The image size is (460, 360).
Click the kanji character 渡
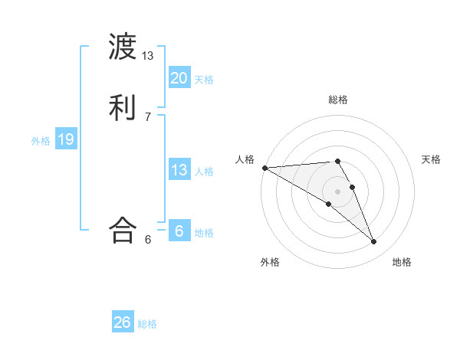[123, 48]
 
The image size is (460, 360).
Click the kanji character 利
[123, 107]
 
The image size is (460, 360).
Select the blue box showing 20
[179, 77]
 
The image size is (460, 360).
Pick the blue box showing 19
[65, 139]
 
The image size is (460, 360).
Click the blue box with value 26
[123, 322]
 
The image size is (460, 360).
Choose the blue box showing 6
[179, 230]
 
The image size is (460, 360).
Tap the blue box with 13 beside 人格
[179, 169]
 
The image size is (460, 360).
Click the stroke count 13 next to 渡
[148, 56]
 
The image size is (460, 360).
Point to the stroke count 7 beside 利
[148, 116]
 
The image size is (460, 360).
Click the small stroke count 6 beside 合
[148, 239]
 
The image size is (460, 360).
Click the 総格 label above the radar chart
[338, 100]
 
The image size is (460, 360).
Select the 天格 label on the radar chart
[432, 159]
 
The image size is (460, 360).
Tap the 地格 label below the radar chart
[402, 262]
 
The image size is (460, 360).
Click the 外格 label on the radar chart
[270, 262]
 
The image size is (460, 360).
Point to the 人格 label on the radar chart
[245, 159]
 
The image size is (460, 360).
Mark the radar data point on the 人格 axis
[264, 168]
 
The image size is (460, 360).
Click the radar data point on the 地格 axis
[373, 242]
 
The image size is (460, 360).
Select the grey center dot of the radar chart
[337, 191]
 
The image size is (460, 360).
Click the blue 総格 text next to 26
[147, 324]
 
